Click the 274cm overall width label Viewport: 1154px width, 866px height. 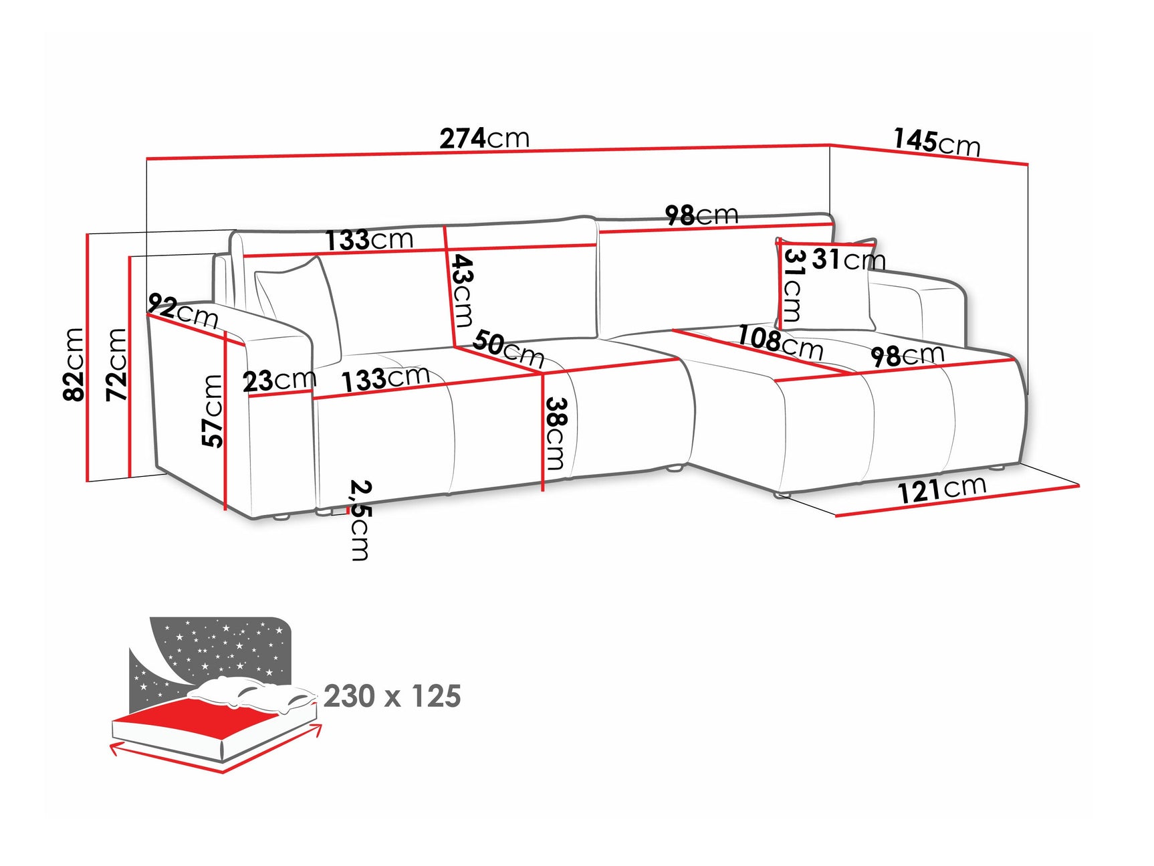pos(484,138)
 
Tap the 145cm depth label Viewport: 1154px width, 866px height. pos(936,142)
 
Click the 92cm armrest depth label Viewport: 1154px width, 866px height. pos(183,311)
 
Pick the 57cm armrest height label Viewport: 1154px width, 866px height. pos(213,411)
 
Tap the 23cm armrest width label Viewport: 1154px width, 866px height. pos(278,381)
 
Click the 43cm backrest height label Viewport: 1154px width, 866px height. pos(462,290)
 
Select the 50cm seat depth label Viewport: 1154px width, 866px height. pos(508,348)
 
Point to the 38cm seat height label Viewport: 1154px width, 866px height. pos(556,433)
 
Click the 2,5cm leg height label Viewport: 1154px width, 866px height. pos(360,520)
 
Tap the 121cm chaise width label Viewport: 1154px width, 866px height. pos(941,490)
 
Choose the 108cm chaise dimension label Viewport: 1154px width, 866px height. pos(780,342)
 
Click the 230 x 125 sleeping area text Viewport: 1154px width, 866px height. pos(392,696)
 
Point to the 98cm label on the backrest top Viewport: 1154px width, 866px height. pos(701,215)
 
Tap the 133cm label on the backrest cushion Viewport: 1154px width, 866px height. pos(369,239)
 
